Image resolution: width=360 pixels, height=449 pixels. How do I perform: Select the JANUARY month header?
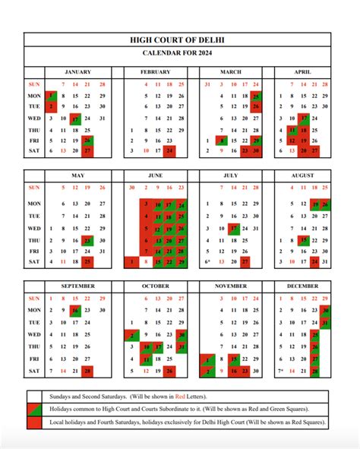coord(79,71)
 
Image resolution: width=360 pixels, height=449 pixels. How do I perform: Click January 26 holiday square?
coord(89,140)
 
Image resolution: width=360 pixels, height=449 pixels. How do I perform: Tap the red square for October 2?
coord(131,334)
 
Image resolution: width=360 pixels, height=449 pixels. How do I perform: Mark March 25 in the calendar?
coord(257,96)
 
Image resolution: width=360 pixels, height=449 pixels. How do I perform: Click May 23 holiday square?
coord(89,240)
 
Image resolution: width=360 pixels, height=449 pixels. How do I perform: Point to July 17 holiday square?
coord(235,228)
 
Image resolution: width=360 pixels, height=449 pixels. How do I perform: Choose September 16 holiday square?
coord(75,311)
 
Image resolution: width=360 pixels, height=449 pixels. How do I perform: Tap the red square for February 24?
coord(170,151)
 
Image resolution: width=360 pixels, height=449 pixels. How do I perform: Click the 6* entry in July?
coord(208,262)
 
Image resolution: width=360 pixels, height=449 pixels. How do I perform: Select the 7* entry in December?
coord(282,371)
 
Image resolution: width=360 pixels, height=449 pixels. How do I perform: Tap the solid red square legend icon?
coord(34,422)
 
